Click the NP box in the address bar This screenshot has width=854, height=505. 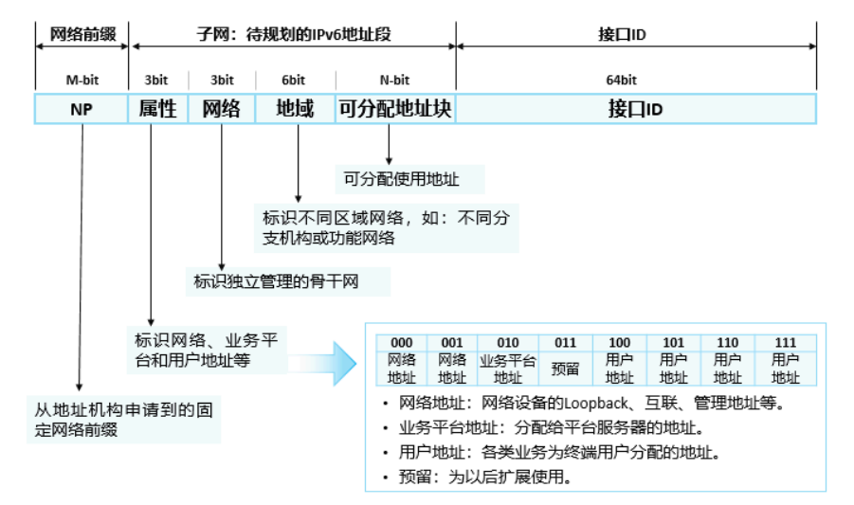pyautogui.click(x=82, y=109)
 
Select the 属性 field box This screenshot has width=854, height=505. pyautogui.click(x=157, y=109)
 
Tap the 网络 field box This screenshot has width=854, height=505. pyautogui.click(x=222, y=109)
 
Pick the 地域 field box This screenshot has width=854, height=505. pyautogui.click(x=295, y=109)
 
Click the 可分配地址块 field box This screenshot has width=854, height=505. pyautogui.click(x=394, y=109)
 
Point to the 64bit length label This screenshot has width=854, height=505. pyautogui.click(x=635, y=81)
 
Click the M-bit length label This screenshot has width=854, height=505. pyautogui.click(x=82, y=81)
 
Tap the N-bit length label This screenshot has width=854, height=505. pyautogui.click(x=393, y=81)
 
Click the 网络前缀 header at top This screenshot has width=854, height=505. pyautogui.click(x=82, y=35)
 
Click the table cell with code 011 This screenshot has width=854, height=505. pyautogui.click(x=565, y=343)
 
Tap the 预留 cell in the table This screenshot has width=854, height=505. pyautogui.click(x=565, y=369)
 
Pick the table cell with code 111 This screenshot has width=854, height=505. pyautogui.click(x=786, y=343)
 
